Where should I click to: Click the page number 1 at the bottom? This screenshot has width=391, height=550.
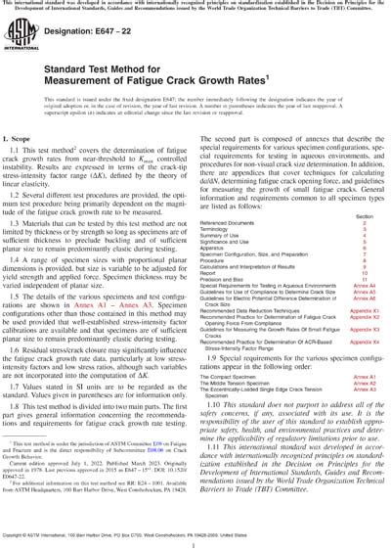(x=195, y=540)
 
